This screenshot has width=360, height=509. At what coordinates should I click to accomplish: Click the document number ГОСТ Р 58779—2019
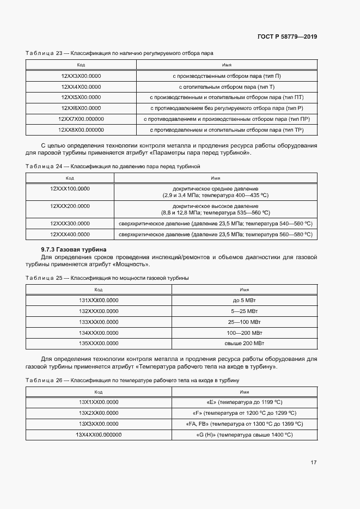coord(286,37)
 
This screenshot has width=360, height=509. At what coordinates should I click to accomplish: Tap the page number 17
coord(313,462)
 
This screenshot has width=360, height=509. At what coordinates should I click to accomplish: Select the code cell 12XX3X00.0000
coord(81,76)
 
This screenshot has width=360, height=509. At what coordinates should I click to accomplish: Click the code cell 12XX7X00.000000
coord(81,119)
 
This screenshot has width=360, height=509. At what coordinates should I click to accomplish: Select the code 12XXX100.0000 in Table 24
coord(70,188)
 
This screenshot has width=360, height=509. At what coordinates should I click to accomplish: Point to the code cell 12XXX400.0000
coord(70,234)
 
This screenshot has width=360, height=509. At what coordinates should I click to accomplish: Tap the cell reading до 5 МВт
coord(244,300)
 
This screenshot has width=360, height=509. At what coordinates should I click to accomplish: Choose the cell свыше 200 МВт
coord(244,343)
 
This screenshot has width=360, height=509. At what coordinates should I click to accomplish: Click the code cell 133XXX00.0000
coord(99,322)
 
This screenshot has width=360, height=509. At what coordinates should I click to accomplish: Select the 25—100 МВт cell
coord(244,322)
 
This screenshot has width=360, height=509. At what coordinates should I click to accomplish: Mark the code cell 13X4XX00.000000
coord(99,434)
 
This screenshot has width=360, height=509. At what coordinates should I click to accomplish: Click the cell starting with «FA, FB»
coord(244,424)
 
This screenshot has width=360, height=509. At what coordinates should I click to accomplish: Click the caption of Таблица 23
coord(119,53)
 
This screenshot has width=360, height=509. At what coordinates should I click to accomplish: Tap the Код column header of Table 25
coord(99,290)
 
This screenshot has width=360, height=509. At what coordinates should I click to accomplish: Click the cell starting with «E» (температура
coord(244,402)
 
